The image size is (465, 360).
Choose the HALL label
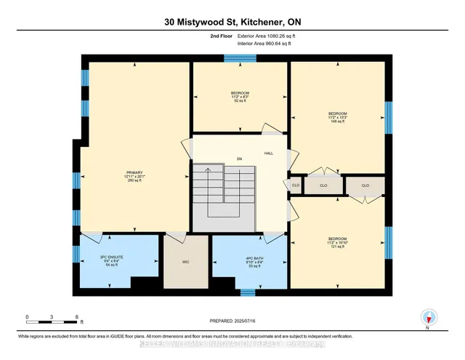[x=268, y=153]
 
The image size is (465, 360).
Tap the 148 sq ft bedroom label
[x=337, y=118]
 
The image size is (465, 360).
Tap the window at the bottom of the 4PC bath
[x=248, y=293]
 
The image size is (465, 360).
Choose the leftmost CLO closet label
[x=296, y=185]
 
